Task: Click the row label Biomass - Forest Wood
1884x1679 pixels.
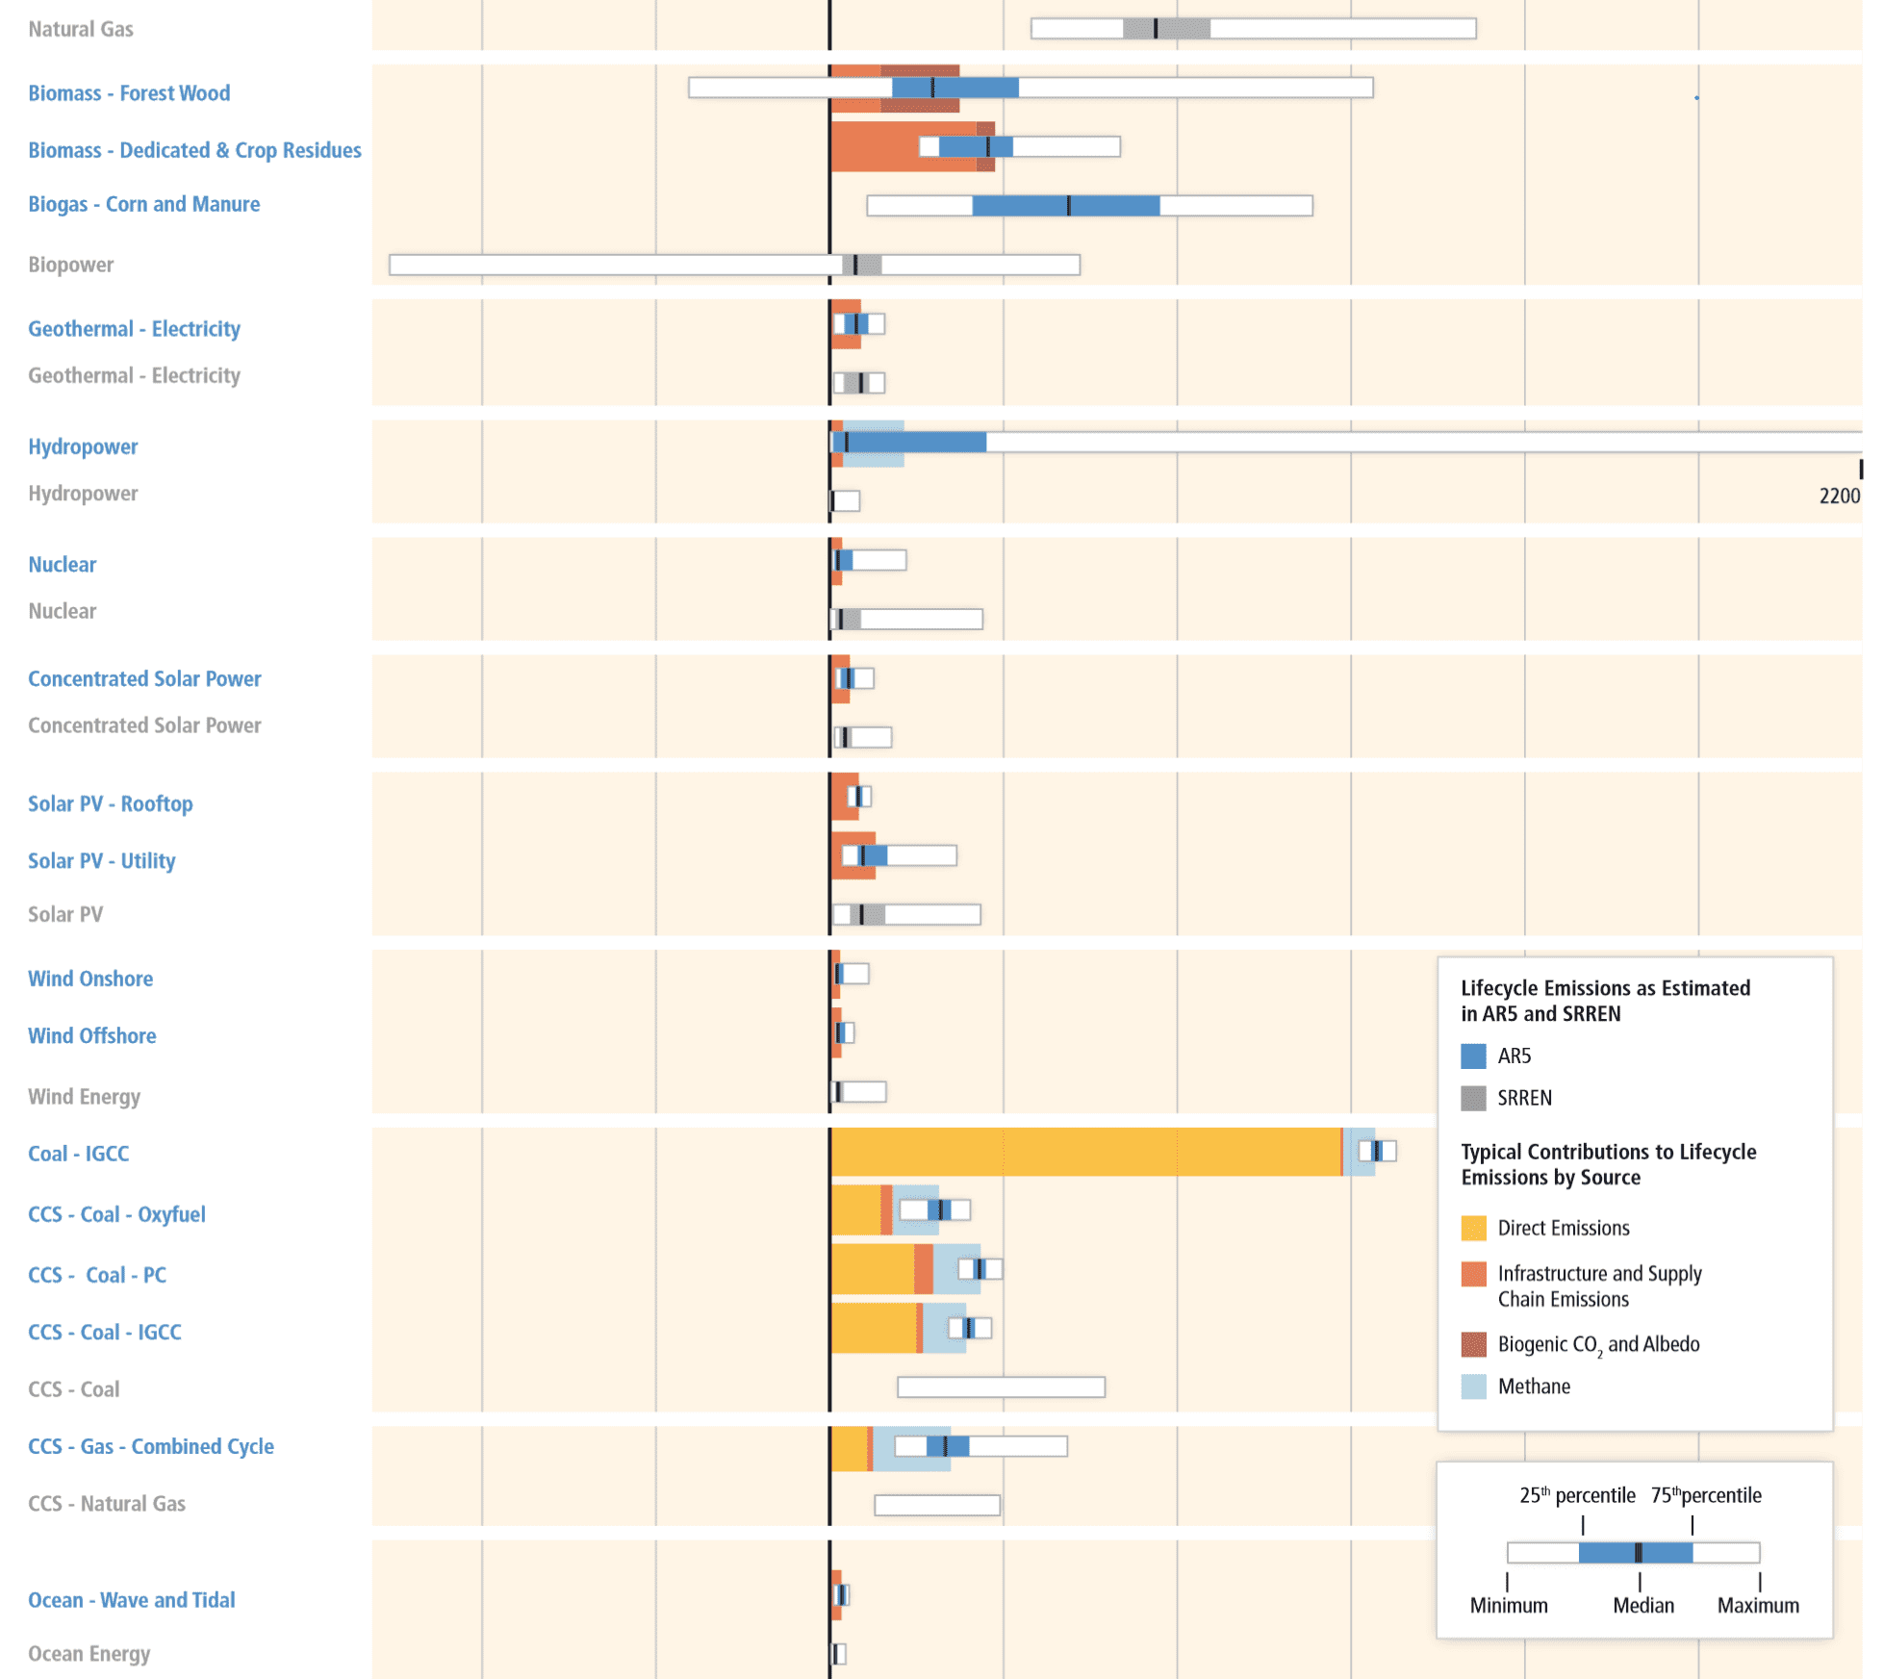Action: [x=129, y=93]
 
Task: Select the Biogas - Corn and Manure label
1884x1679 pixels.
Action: [x=143, y=204]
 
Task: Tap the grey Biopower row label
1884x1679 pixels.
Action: [x=70, y=265]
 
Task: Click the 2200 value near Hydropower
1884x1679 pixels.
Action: [x=1839, y=496]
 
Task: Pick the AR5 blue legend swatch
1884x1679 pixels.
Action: [x=1473, y=1056]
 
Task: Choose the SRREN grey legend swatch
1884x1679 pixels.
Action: [x=1473, y=1098]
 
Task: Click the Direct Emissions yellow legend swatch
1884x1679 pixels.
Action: [x=1473, y=1228]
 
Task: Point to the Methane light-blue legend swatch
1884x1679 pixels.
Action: [x=1473, y=1386]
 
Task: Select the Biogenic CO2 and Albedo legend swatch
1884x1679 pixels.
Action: [x=1473, y=1344]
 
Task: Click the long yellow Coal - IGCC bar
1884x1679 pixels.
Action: [x=1085, y=1152]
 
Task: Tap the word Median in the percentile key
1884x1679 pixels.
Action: [x=1643, y=1605]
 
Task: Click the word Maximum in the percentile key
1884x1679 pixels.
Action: [x=1758, y=1605]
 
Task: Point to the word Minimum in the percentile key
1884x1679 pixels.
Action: [x=1509, y=1605]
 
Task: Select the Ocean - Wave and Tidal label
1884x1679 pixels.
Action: [x=131, y=1600]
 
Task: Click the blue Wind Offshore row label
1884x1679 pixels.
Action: [x=91, y=1036]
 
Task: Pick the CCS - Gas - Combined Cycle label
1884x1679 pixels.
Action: [x=150, y=1446]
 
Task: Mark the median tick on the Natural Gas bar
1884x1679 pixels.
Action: [x=1156, y=29]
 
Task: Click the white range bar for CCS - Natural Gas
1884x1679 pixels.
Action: [x=937, y=1505]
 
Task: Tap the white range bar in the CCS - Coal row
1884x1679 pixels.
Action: [x=1001, y=1386]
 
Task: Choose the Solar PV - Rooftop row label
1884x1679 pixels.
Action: [x=110, y=803]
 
